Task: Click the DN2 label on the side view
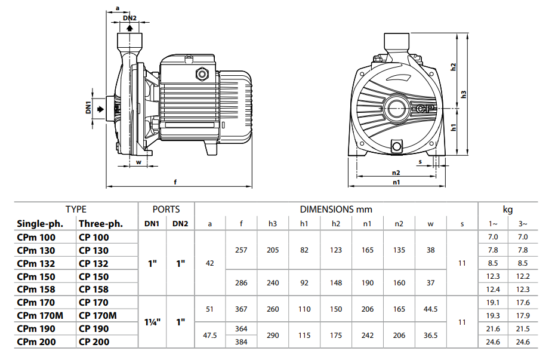[x=130, y=18]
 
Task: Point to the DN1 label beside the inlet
[x=88, y=108]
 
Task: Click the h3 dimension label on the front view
[x=463, y=94]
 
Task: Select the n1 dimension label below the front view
[x=396, y=182]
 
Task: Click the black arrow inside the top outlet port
[x=130, y=27]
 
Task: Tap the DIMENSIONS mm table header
[x=336, y=210]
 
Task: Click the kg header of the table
[x=508, y=210]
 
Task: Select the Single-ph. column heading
[x=36, y=224]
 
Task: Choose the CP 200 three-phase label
[x=94, y=342]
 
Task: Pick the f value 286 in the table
[x=241, y=283]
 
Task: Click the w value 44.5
[x=431, y=309]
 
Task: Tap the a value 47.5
[x=209, y=336]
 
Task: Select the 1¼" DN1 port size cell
[x=152, y=322]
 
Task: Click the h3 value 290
[x=273, y=336]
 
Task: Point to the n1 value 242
[x=368, y=336]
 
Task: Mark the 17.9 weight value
[x=523, y=316]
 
